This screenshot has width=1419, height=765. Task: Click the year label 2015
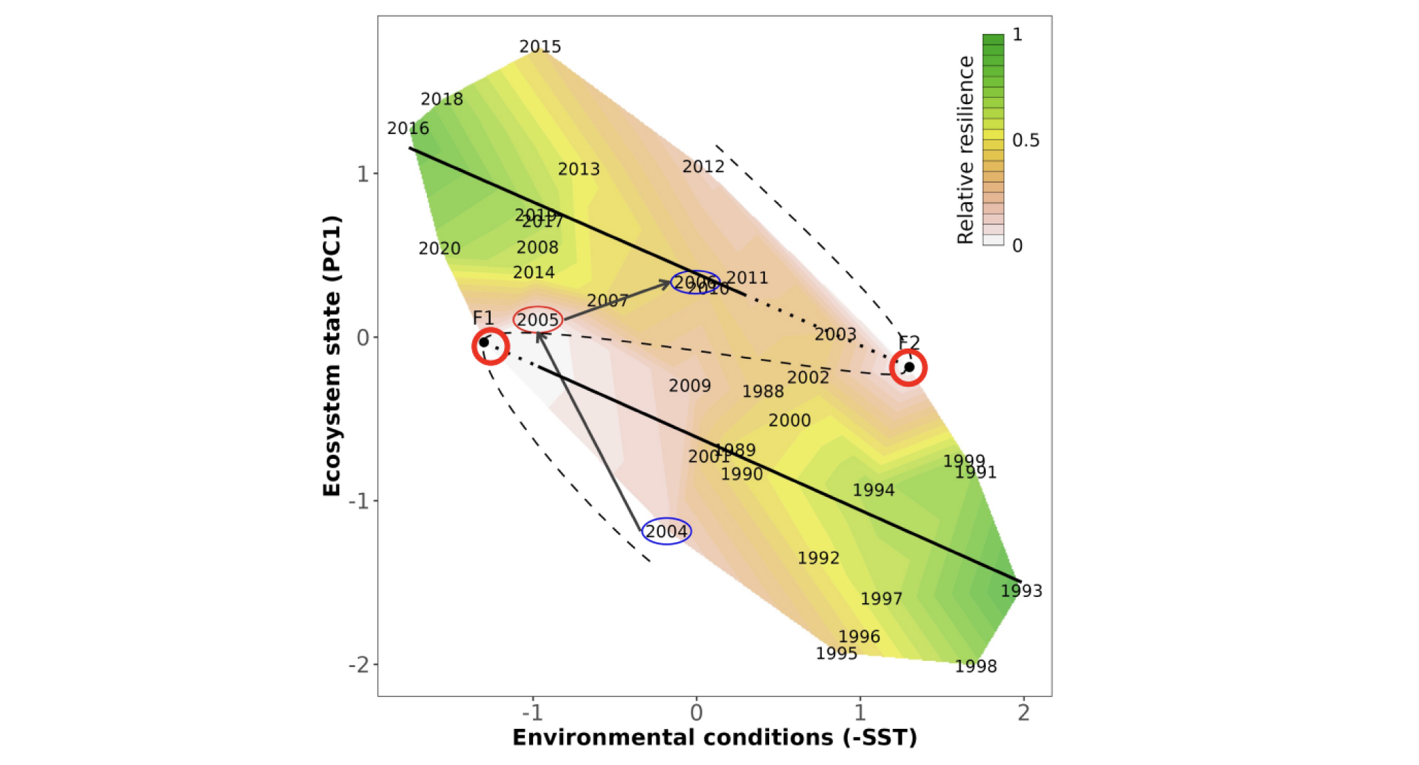pos(540,47)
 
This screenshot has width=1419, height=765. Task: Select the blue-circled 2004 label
pos(666,532)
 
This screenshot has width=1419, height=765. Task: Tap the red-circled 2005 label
pos(537,320)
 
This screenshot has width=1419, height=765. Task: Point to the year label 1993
pos(1021,591)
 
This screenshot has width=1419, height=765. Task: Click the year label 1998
pos(975,666)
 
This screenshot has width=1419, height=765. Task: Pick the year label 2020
pos(439,249)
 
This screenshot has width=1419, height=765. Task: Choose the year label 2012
pos(703,167)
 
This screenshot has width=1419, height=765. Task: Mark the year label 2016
pos(408,128)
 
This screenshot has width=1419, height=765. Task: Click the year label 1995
pos(836,654)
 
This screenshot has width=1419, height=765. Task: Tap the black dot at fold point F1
pos(484,342)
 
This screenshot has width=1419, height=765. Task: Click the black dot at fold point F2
pos(909,367)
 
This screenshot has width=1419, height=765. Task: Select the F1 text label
pos(483,318)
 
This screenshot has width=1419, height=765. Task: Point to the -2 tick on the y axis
pos(360,665)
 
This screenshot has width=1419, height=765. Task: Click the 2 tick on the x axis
pos(1023,713)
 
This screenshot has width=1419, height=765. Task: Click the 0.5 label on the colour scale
pos(1025,140)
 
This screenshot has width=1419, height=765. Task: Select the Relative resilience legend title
pos(965,150)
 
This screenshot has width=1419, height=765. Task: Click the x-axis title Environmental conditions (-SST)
pos(714,737)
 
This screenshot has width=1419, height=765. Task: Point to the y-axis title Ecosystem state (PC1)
pos(332,356)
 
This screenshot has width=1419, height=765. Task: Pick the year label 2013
pos(579,169)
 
